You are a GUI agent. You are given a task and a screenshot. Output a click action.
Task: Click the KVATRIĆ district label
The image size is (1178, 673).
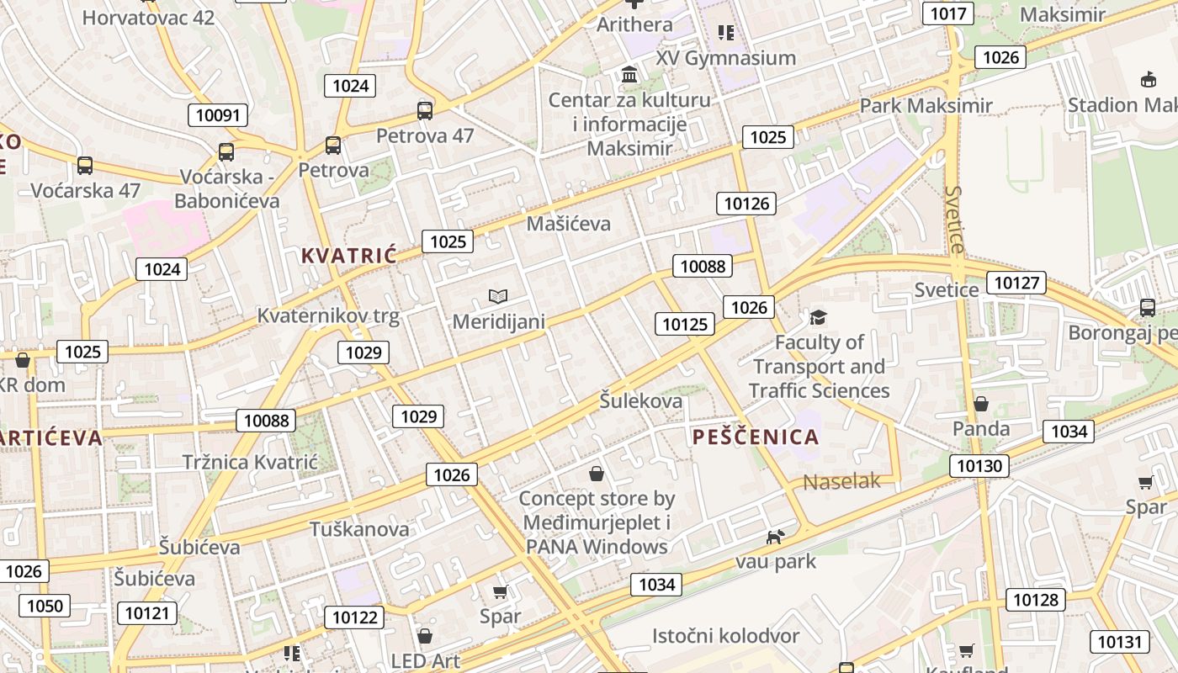click(348, 256)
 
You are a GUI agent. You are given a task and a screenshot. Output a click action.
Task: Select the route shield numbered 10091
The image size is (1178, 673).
click(219, 115)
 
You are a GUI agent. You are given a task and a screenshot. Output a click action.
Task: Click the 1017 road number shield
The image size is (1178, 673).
click(947, 13)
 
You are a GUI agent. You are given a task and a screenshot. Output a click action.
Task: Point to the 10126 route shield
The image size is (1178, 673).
click(746, 203)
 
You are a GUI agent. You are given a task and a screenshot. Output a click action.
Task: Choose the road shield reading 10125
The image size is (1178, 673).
click(686, 324)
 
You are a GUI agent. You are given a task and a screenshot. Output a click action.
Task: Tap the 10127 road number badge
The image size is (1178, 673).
click(1016, 283)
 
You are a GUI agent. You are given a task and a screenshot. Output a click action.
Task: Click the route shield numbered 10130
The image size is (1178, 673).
click(979, 466)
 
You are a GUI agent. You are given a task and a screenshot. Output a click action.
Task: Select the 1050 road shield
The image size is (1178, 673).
click(45, 606)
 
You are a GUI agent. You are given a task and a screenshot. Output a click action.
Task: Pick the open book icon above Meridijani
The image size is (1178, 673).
click(498, 297)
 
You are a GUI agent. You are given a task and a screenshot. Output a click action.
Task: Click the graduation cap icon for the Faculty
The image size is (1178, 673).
click(818, 317)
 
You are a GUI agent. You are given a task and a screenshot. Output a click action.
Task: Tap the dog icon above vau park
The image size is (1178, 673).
click(775, 536)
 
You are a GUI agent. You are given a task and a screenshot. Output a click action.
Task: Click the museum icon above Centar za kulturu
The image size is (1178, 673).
click(629, 76)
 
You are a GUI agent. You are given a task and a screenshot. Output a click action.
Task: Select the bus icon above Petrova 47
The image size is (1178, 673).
click(425, 111)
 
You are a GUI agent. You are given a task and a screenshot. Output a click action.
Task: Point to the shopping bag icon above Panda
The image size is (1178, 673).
click(980, 405)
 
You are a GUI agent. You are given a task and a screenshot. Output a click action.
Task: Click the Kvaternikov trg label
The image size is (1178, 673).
click(327, 315)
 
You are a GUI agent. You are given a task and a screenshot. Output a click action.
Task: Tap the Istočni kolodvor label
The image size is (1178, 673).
click(725, 636)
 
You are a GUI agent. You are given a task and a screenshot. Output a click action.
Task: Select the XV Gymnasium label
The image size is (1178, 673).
click(725, 58)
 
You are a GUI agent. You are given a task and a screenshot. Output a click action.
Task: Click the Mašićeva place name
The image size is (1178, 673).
click(568, 224)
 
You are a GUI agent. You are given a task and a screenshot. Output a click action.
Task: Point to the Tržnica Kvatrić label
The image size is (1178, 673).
click(250, 462)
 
